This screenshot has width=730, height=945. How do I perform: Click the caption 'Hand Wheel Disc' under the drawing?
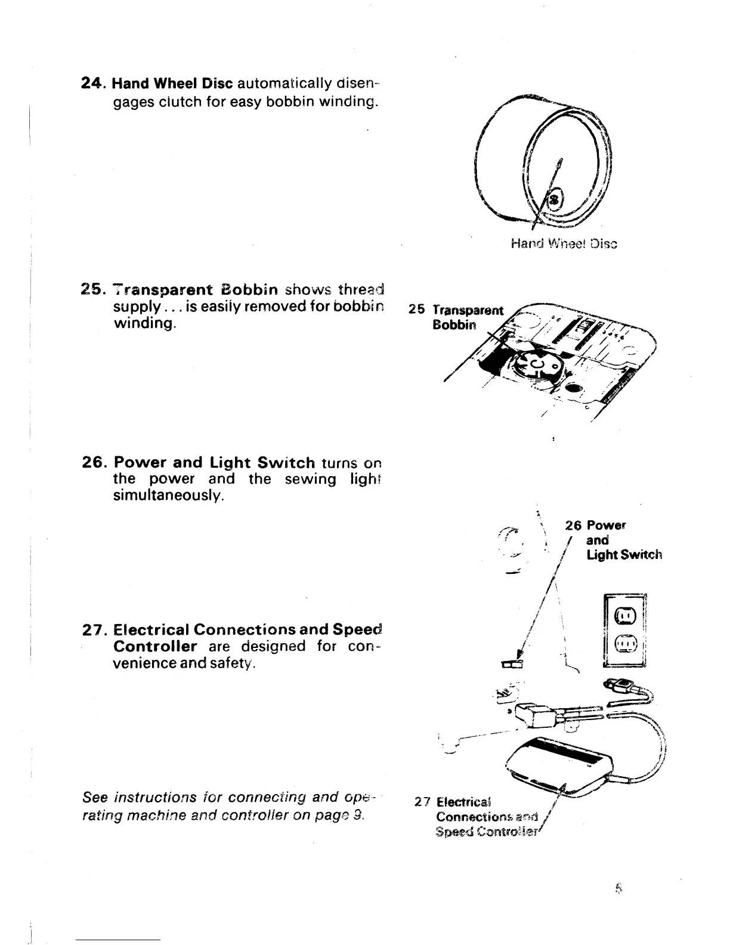point(564,243)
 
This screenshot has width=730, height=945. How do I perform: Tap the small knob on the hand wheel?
point(555,199)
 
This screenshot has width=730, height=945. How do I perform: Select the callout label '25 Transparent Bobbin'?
point(462,317)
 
